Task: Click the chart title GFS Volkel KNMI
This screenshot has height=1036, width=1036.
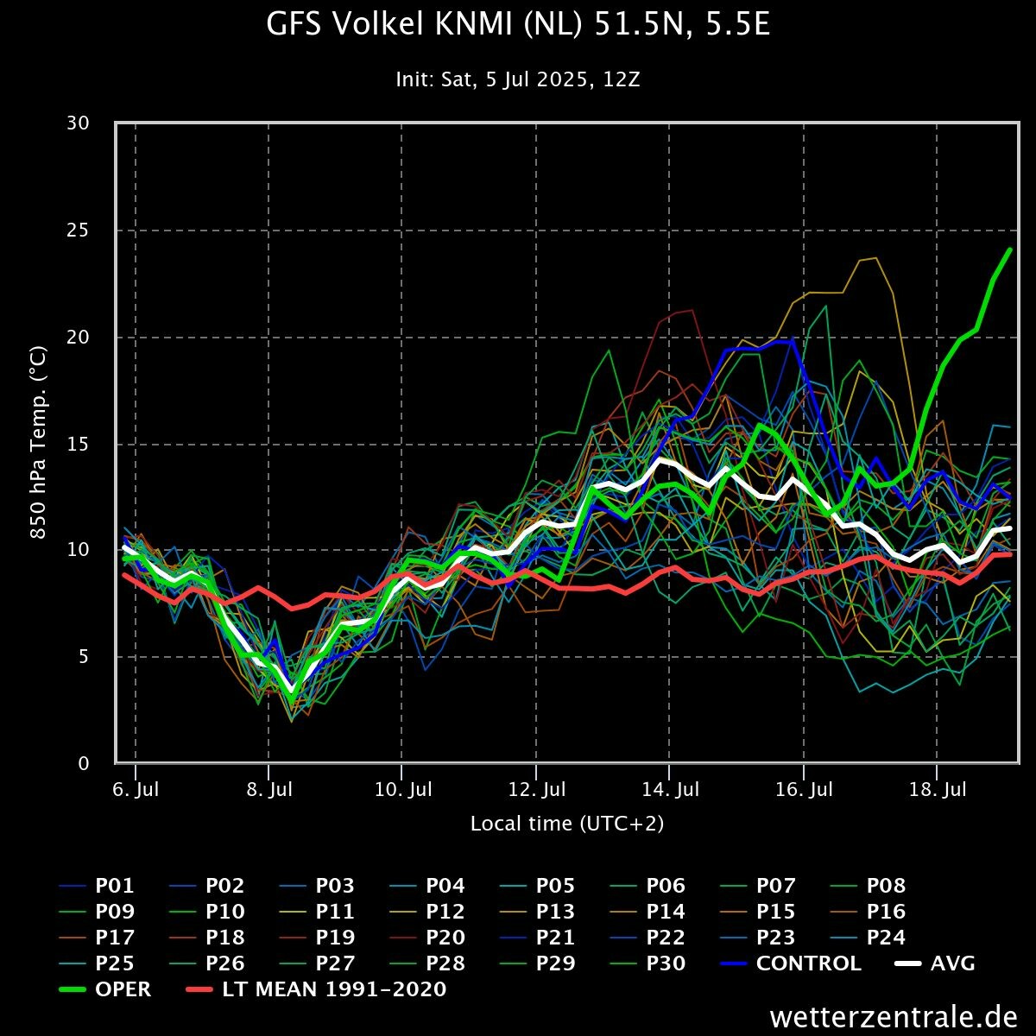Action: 518,26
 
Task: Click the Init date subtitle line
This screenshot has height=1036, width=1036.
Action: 518,79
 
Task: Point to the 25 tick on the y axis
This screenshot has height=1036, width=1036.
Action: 79,231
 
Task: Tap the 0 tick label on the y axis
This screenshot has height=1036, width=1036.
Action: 84,764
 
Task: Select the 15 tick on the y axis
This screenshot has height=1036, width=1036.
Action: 79,445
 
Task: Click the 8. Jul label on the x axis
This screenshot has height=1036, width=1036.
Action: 268,790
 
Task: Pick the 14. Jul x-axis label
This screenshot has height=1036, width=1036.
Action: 670,790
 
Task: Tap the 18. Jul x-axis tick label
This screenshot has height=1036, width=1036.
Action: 938,790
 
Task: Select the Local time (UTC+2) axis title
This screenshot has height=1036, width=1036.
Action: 567,824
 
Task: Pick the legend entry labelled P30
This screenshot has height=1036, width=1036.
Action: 666,963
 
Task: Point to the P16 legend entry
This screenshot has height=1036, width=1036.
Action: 886,912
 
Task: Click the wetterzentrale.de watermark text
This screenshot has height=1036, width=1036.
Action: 894,1017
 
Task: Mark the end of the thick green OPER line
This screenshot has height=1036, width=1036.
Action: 1010,250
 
